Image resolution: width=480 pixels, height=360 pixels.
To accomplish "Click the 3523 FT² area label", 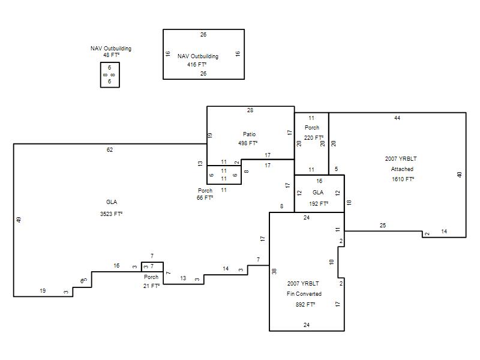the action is (111, 214).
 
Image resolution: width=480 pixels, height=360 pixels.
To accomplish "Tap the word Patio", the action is (249, 134).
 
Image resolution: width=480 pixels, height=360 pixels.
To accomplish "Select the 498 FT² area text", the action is (248, 143).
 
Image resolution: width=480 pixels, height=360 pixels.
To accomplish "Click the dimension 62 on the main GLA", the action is (110, 149).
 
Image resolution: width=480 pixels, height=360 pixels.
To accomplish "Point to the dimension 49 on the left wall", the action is (19, 220).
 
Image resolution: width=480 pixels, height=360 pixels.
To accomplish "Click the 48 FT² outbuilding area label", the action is (112, 55).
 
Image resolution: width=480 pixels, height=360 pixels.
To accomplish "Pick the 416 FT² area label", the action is (197, 65).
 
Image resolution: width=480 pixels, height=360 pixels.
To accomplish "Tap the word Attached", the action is (402, 169).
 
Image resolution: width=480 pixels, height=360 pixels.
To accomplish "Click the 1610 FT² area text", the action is (403, 179).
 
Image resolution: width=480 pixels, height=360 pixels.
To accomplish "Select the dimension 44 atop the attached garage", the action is (397, 118).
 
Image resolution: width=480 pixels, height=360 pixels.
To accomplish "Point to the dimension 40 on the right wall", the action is (459, 175).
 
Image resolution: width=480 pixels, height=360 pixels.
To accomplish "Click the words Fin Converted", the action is (304, 294).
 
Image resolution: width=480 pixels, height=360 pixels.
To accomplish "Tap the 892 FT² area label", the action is (305, 305).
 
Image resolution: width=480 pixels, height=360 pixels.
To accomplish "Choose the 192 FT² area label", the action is (319, 203).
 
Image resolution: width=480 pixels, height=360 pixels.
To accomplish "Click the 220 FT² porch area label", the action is (314, 138).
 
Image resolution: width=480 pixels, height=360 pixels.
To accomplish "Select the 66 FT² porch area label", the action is (205, 198).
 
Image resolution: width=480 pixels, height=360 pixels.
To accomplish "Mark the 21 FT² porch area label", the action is (151, 286).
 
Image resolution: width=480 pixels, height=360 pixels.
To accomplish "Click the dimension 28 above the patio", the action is (250, 110).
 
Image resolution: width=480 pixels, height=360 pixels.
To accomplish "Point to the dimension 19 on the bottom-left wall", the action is (43, 291).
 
